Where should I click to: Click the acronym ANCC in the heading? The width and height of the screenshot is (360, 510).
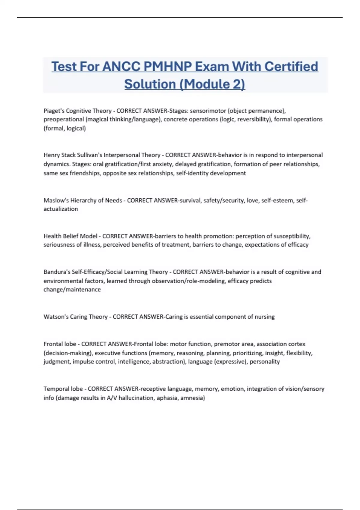(x=121, y=67)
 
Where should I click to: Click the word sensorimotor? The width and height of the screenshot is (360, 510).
(x=208, y=111)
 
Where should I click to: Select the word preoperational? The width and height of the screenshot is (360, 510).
(x=64, y=119)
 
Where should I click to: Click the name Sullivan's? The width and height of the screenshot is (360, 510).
(x=89, y=155)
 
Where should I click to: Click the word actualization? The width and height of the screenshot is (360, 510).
(x=61, y=209)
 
